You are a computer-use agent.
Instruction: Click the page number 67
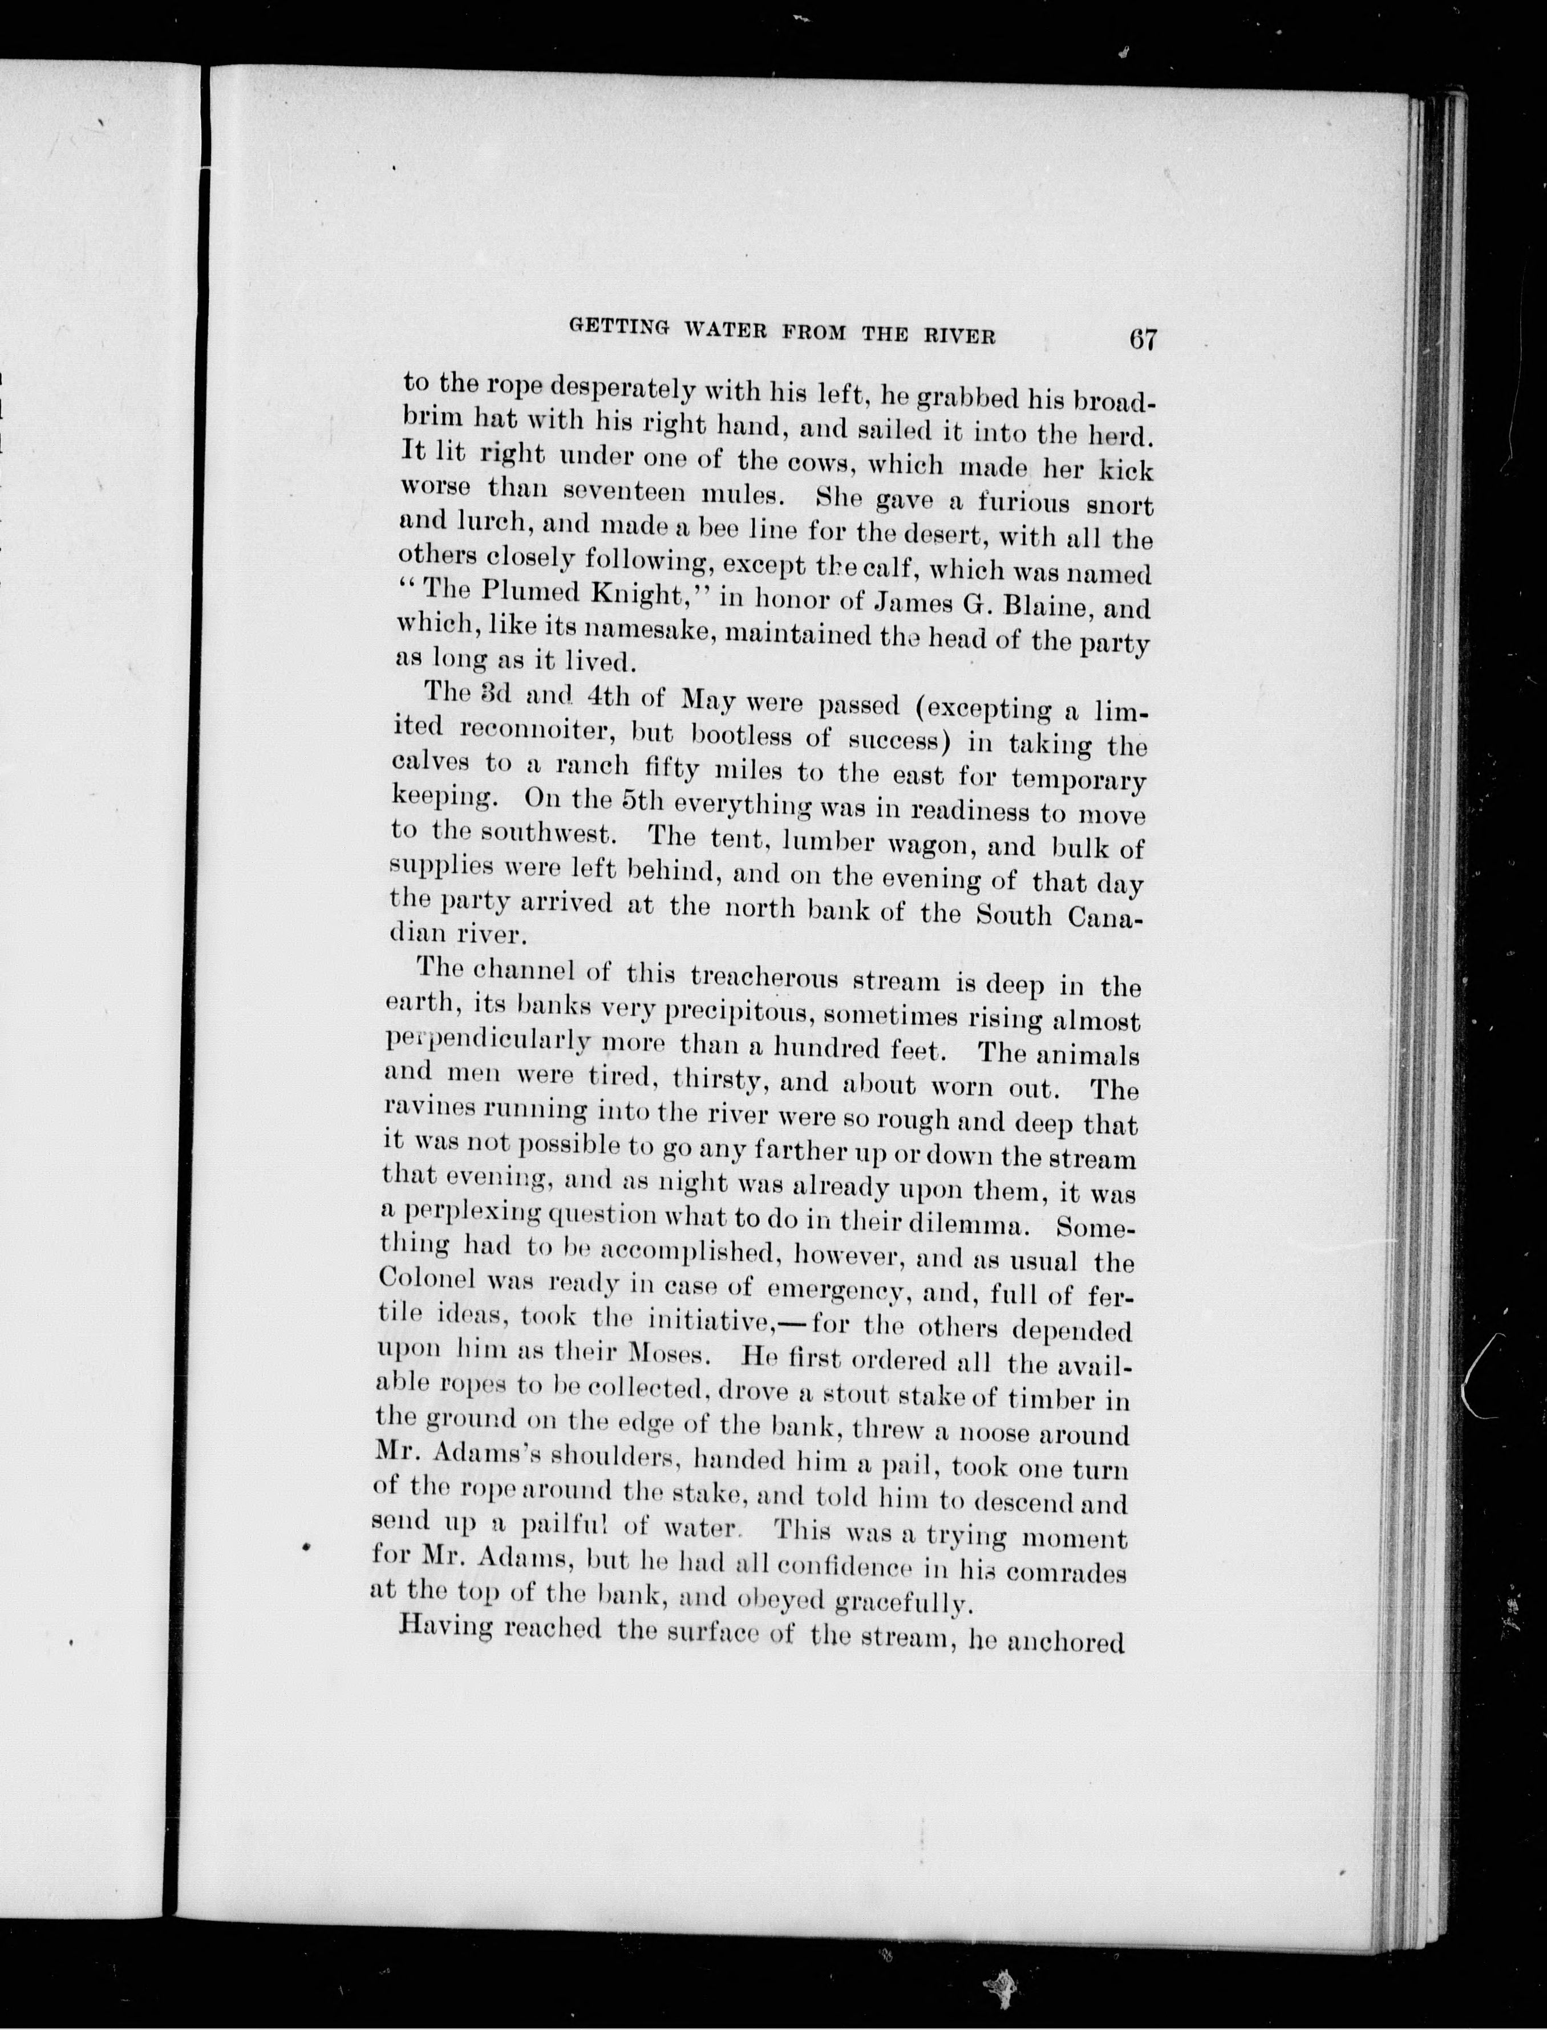(1142, 339)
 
